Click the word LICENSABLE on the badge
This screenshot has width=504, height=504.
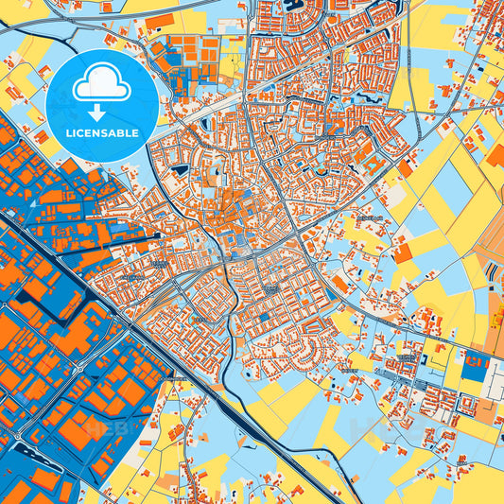pos(102,132)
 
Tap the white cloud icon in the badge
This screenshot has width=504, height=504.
pos(101,86)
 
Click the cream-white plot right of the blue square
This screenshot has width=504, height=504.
pos(495,379)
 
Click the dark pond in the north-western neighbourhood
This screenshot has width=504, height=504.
pos(179,170)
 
